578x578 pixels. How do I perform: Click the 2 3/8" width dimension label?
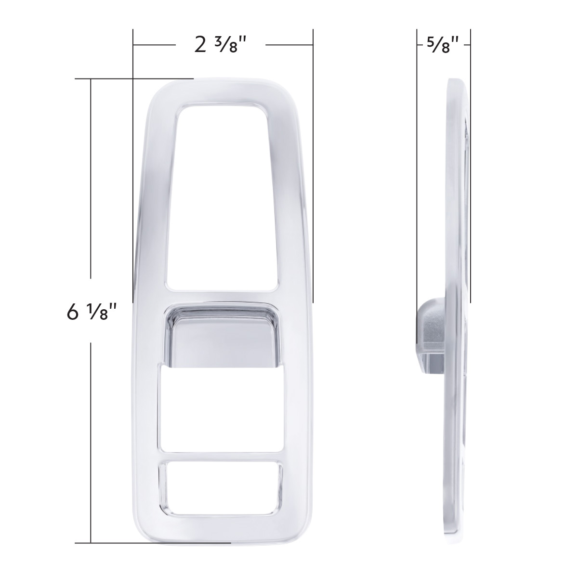(x=220, y=45)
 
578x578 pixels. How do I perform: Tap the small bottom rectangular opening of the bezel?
(x=223, y=482)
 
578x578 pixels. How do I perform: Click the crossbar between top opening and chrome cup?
(x=223, y=297)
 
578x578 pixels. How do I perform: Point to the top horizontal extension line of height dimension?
(x=135, y=79)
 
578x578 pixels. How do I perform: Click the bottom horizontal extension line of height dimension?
(x=144, y=543)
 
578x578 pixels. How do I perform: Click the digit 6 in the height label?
(x=73, y=313)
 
